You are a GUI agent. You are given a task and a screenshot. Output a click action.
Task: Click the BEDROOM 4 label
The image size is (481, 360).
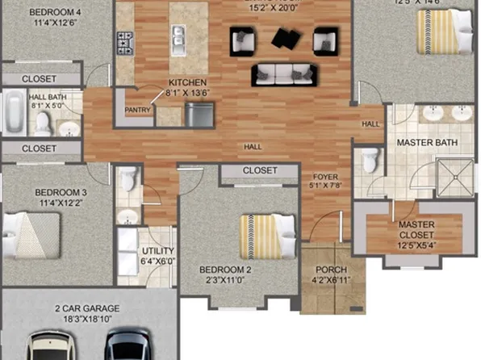[55, 12]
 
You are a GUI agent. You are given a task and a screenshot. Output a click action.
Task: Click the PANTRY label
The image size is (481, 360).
[138, 110]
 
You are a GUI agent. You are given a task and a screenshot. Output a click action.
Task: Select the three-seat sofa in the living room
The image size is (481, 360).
[282, 74]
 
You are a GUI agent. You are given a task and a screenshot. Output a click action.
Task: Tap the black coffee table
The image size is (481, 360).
[284, 38]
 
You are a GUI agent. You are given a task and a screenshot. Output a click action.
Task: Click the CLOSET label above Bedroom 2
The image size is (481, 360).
[260, 171]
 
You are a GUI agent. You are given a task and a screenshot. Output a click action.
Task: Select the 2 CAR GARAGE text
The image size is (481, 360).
[87, 308]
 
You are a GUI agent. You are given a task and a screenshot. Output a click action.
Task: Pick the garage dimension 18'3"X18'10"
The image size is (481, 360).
[87, 320]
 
